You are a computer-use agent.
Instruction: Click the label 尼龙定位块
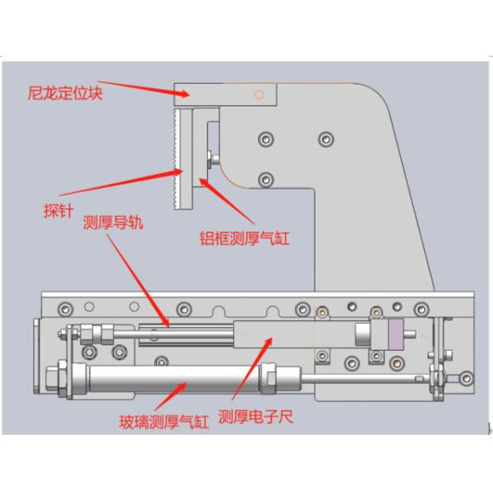(66, 93)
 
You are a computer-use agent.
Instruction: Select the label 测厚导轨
(113, 223)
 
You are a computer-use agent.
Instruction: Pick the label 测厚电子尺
(256, 417)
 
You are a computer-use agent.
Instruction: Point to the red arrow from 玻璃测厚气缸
(168, 396)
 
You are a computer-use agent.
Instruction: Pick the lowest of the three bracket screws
(265, 178)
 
